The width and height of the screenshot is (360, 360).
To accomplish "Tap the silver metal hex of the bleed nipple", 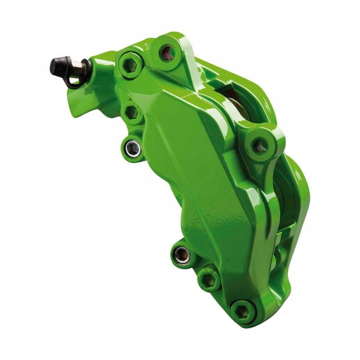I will [x=77, y=68].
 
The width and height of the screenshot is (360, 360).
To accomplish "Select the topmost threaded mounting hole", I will [x=168, y=53].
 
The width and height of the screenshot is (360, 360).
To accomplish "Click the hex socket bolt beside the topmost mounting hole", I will [x=131, y=66].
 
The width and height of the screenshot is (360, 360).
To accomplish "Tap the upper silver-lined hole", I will [x=132, y=148].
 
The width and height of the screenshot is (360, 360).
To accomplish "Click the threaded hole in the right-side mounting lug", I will [x=260, y=145].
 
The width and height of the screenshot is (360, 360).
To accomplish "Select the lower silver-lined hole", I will [x=182, y=255].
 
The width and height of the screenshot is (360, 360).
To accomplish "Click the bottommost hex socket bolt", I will [x=243, y=311].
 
